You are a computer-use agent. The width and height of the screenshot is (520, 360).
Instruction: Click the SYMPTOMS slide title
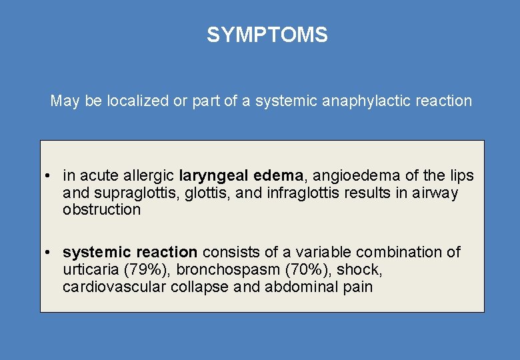click(267, 35)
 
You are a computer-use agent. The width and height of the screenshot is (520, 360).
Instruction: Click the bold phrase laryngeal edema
click(241, 176)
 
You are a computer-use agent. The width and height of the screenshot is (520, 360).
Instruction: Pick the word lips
click(460, 176)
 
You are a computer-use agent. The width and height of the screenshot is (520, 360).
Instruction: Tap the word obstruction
click(101, 210)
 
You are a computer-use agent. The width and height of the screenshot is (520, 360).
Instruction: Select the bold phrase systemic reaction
click(130, 253)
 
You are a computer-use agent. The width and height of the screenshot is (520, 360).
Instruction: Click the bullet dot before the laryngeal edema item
click(49, 177)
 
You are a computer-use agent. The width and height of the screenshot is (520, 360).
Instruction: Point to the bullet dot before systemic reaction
click(49, 253)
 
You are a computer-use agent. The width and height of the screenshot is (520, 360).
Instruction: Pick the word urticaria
click(90, 270)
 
